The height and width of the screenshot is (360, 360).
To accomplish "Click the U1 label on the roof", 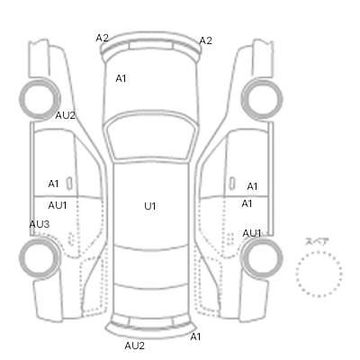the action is click(x=150, y=206).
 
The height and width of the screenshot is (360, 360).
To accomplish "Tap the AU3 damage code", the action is click(x=40, y=224).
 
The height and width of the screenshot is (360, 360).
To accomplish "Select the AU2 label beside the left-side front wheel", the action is click(x=65, y=115).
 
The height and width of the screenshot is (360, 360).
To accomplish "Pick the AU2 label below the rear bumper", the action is click(x=134, y=346).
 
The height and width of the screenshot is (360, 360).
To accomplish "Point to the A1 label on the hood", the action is click(x=121, y=78).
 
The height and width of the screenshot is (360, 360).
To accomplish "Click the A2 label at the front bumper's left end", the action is click(x=103, y=38).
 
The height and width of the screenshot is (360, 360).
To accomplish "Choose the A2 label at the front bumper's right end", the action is click(x=206, y=40).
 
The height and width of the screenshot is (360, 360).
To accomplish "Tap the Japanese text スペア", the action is click(x=317, y=241).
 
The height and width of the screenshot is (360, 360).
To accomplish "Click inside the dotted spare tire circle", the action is click(x=319, y=274).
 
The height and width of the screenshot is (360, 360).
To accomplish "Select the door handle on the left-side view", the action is click(x=69, y=184).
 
